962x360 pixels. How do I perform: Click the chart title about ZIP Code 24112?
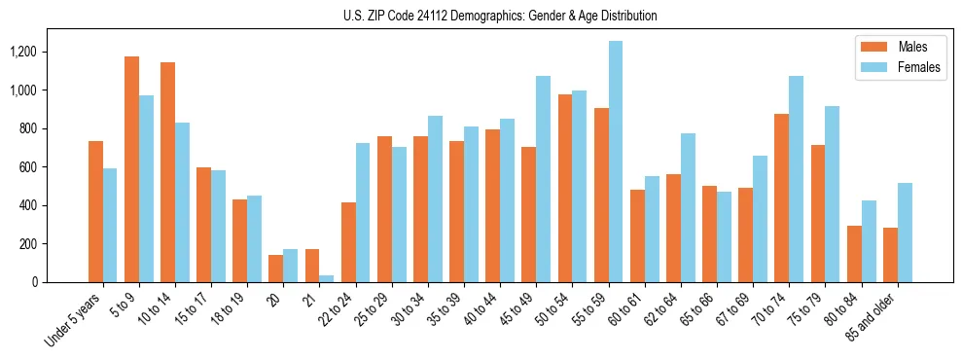[x=500, y=17]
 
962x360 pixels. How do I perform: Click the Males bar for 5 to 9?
[x=131, y=169]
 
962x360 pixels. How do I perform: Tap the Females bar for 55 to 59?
[x=616, y=162]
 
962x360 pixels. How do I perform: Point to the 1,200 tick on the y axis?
[x=51, y=52]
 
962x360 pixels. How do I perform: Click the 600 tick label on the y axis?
[x=54, y=167]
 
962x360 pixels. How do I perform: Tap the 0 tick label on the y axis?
[x=62, y=282]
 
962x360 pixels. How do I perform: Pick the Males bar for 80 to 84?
[x=854, y=254]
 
